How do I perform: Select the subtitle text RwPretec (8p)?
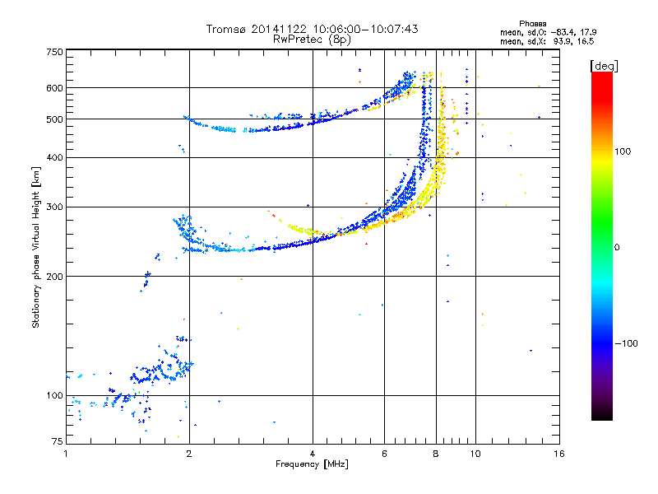312,40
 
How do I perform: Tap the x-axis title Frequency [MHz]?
312,464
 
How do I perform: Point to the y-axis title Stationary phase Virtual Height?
35,259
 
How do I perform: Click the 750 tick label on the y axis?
54,52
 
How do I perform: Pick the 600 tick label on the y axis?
54,88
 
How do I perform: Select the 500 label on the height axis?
54,119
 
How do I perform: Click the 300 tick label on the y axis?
54,207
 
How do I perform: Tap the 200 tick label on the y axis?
54,277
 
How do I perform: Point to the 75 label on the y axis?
58,441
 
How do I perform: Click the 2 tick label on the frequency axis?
189,454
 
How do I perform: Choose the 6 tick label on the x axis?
384,454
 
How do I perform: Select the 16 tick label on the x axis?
559,454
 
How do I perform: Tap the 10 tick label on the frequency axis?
475,454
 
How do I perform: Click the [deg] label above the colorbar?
604,67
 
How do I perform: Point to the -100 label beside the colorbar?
627,343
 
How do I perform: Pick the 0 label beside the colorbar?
617,248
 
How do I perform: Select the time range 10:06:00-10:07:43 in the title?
365,29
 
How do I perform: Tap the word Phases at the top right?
532,24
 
